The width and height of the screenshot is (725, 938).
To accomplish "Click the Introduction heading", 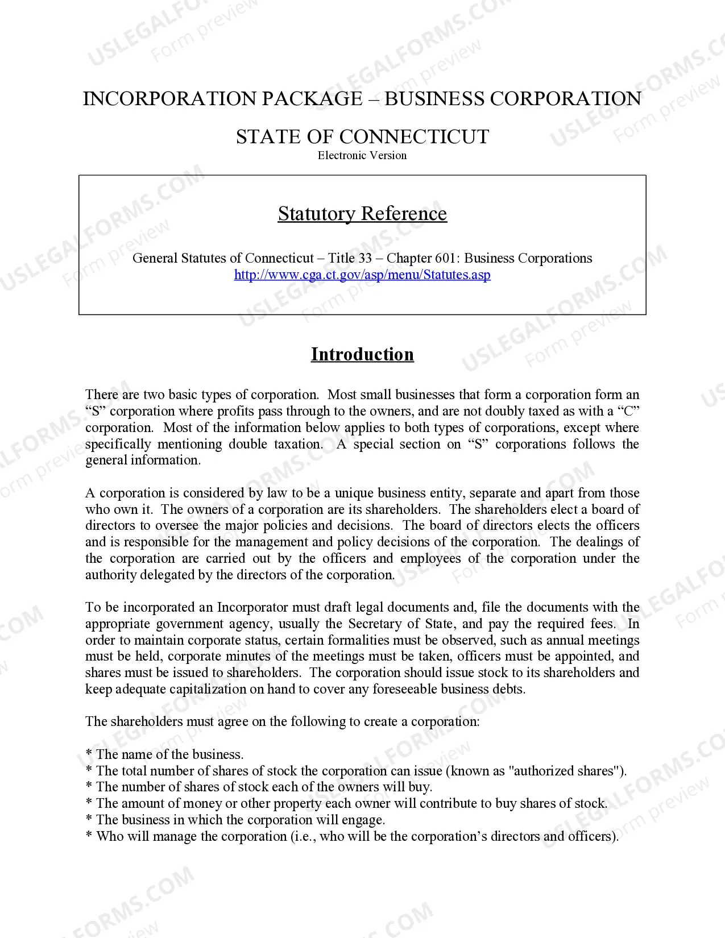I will [x=362, y=354].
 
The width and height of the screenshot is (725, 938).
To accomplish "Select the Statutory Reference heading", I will [x=362, y=214].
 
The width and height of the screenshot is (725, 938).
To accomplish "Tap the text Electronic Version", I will [x=362, y=155].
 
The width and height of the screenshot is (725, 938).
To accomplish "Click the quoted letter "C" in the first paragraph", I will [x=628, y=411].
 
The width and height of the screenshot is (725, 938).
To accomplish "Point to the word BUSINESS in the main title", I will [x=434, y=99].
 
